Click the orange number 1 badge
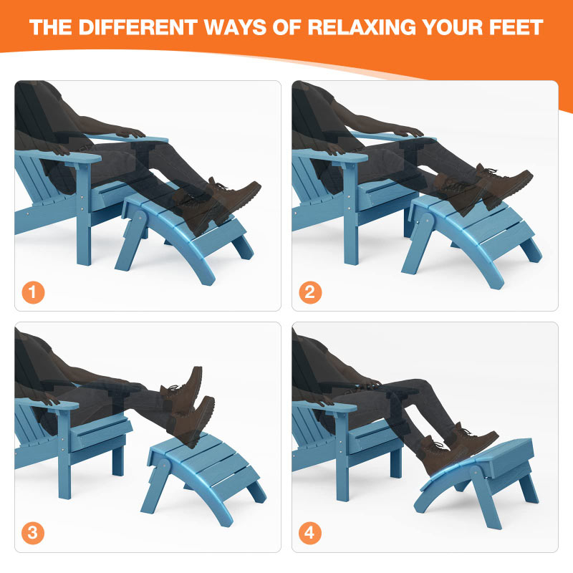tap(33, 292)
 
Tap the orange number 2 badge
tap(311, 292)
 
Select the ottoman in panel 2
tap(473, 233)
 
